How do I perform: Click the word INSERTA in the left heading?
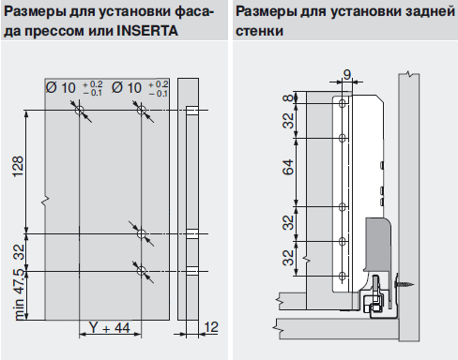(x=147, y=31)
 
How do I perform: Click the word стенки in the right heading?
(x=259, y=31)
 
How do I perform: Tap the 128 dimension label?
(x=18, y=166)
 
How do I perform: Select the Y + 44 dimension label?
(x=109, y=328)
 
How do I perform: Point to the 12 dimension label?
(x=211, y=327)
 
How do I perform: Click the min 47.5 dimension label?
(x=20, y=294)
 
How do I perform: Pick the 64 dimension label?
(x=288, y=167)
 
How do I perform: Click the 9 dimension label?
(x=347, y=75)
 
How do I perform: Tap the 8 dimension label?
(x=288, y=97)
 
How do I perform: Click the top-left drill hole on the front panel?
(x=80, y=111)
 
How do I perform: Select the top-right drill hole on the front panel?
(x=142, y=111)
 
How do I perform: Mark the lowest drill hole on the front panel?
(x=142, y=271)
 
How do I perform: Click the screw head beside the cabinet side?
(x=398, y=284)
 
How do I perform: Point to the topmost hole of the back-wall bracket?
(x=343, y=103)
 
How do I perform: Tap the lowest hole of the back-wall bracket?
(x=343, y=276)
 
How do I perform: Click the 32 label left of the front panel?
(x=20, y=252)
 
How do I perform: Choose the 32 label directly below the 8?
(x=288, y=120)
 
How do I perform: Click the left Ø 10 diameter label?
(x=61, y=88)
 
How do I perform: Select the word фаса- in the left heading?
(x=194, y=12)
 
